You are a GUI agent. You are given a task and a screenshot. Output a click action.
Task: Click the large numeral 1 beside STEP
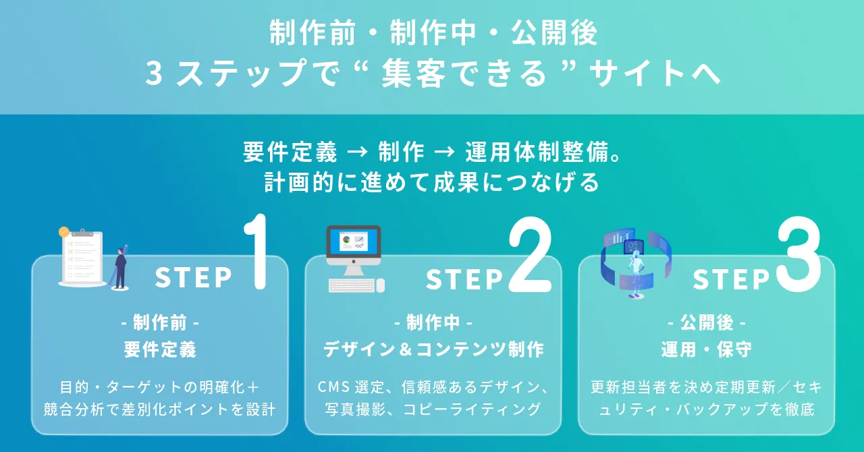click(x=258, y=252)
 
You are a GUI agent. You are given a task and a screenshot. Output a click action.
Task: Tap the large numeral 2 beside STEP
click(x=529, y=257)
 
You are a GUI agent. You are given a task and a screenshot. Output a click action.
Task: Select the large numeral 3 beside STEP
click(x=799, y=256)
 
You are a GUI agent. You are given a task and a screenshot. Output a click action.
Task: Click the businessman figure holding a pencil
click(x=121, y=266)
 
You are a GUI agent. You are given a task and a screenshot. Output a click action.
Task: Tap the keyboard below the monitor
click(x=351, y=285)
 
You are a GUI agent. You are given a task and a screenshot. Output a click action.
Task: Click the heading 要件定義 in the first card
click(x=160, y=349)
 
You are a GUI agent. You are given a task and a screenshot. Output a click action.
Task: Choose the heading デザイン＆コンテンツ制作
click(x=433, y=349)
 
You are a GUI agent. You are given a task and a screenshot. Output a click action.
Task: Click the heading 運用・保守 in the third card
click(x=706, y=349)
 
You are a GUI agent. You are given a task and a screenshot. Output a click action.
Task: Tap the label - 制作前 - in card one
click(x=160, y=323)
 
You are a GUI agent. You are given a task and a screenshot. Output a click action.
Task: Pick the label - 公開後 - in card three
click(x=706, y=323)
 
